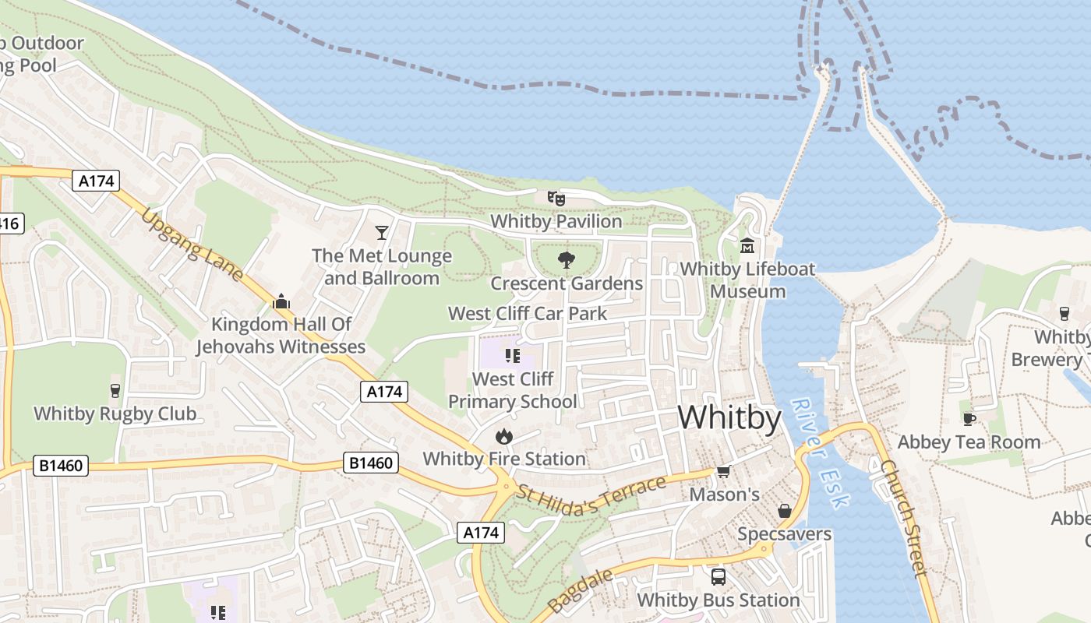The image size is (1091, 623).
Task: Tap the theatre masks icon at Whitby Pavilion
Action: (x=556, y=199)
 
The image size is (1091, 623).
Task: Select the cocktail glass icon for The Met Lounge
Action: (x=382, y=232)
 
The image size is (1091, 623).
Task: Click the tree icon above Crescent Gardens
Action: (x=567, y=260)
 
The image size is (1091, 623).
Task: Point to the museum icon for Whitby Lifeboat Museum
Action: (x=747, y=246)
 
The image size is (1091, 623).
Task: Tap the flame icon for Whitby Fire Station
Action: (x=504, y=436)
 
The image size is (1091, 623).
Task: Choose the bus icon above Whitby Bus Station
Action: (x=719, y=577)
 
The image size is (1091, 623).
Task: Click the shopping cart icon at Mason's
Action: (x=724, y=471)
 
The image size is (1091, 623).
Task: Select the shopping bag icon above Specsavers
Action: (x=785, y=511)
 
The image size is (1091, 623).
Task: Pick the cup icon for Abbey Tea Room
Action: (x=969, y=419)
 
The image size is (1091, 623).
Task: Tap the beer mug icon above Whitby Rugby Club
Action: (x=115, y=390)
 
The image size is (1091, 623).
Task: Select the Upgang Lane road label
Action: (x=192, y=246)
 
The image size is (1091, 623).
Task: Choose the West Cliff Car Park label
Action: (x=528, y=314)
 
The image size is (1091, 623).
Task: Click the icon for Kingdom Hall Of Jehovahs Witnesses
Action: (x=281, y=302)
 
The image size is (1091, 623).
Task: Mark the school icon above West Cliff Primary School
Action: (x=512, y=356)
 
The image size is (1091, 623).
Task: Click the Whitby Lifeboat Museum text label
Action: (x=747, y=280)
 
